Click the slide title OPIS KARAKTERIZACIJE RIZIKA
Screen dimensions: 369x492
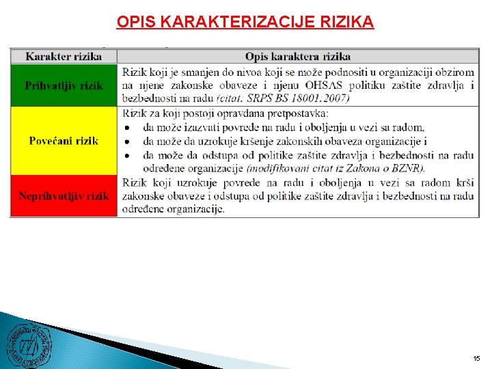[x=245, y=22]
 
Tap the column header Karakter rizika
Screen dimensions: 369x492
[x=64, y=56]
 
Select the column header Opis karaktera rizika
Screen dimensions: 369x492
[x=298, y=56]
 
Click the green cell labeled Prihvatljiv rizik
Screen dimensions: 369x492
[x=64, y=85]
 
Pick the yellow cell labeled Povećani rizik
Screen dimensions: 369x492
[x=64, y=141]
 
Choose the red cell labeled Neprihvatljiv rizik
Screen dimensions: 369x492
[x=64, y=196]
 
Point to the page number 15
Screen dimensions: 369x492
[x=476, y=358]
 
